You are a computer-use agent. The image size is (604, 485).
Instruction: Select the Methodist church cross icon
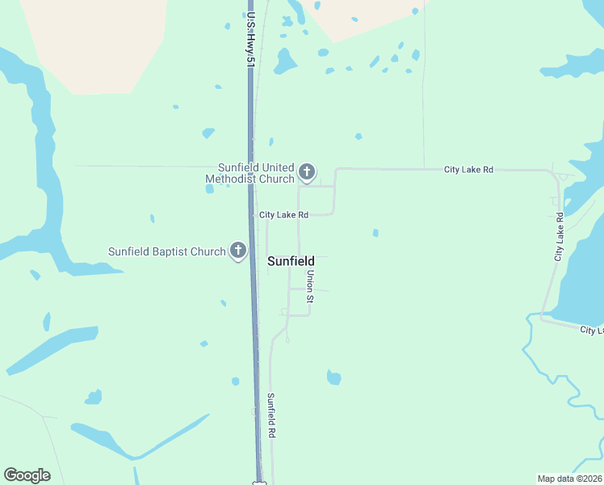click(x=306, y=171)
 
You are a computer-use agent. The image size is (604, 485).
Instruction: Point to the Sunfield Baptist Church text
click(x=167, y=251)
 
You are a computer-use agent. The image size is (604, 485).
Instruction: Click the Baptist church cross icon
click(x=238, y=251)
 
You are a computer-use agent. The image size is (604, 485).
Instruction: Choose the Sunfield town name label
click(x=291, y=262)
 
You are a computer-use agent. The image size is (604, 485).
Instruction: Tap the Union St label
click(x=309, y=287)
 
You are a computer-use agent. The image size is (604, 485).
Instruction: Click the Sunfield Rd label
click(x=272, y=415)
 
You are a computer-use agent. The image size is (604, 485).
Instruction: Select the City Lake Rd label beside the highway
click(x=283, y=215)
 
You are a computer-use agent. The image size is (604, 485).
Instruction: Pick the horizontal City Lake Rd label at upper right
click(x=468, y=170)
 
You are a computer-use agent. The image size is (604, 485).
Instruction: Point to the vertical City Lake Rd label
click(x=558, y=236)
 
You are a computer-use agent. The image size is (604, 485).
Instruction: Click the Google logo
click(x=27, y=475)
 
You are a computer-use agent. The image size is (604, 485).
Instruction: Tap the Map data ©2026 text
click(x=568, y=478)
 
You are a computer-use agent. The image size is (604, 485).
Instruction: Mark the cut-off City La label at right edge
click(x=591, y=331)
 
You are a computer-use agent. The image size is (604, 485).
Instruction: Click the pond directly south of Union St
click(x=333, y=377)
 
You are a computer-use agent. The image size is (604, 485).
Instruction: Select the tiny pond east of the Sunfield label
click(x=375, y=233)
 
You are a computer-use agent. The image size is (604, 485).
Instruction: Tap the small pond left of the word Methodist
click(x=210, y=189)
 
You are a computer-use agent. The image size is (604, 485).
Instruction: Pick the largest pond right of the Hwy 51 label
click(x=284, y=61)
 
